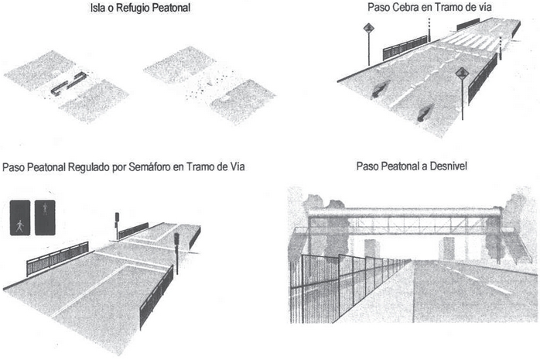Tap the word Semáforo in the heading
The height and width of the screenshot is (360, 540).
click(x=150, y=167)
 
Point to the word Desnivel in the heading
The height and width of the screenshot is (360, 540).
click(x=449, y=166)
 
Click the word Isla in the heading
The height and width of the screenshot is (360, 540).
click(x=97, y=8)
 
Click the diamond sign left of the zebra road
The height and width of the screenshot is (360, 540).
click(x=368, y=28)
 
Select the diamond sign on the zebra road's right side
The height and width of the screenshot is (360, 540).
click(x=462, y=74)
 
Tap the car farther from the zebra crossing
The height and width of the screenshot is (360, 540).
click(x=425, y=113)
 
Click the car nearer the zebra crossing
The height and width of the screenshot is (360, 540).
click(x=380, y=89)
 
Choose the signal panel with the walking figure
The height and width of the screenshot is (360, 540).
click(x=20, y=218)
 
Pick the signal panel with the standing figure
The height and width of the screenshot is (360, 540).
click(x=45, y=218)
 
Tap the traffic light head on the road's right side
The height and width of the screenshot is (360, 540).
click(x=176, y=238)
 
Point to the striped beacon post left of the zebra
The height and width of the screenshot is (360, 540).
click(x=429, y=30)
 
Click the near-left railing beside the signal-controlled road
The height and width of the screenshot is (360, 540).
click(x=57, y=259)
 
